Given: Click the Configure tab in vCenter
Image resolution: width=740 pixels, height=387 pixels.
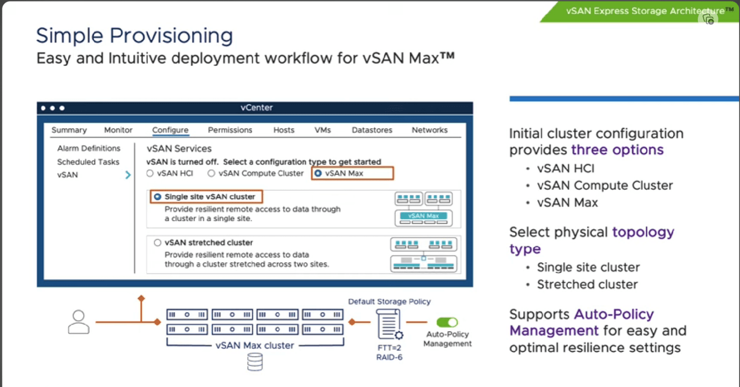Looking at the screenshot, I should click(x=170, y=130).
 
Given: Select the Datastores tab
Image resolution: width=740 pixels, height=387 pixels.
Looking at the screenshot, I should click(x=372, y=130).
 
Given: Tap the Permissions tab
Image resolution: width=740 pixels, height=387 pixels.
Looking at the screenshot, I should click(x=230, y=130).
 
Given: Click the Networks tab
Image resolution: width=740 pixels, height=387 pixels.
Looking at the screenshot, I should click(x=429, y=130).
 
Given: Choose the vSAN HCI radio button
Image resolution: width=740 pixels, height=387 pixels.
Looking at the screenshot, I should click(x=150, y=173).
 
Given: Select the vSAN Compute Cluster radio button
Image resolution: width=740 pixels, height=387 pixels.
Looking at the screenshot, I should click(x=211, y=173).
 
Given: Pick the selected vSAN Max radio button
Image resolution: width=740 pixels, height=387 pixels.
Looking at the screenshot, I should click(x=318, y=173).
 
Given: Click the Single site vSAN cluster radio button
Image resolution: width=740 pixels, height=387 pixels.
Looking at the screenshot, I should click(x=158, y=197).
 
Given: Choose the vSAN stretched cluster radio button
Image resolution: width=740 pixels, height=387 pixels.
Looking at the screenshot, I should click(x=158, y=243).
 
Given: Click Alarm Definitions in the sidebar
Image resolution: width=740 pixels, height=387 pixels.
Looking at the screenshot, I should click(x=89, y=148).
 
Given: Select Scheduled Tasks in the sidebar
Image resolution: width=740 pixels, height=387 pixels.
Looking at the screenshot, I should click(x=88, y=162).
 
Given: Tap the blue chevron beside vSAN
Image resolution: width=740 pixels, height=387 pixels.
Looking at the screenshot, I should click(x=128, y=175).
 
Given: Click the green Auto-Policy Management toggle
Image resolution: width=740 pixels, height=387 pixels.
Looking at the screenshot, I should click(x=447, y=322).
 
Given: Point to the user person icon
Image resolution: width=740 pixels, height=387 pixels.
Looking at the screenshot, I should click(x=79, y=322).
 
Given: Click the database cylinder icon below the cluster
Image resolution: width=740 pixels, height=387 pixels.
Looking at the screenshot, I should click(x=255, y=362).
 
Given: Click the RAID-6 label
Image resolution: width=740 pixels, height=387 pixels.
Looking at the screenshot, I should click(x=389, y=357).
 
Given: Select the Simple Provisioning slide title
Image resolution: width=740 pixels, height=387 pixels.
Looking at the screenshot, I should click(x=134, y=36).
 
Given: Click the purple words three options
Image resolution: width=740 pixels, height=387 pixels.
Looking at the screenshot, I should click(x=617, y=150).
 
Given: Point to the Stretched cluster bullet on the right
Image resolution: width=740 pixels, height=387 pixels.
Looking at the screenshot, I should click(x=587, y=284).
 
